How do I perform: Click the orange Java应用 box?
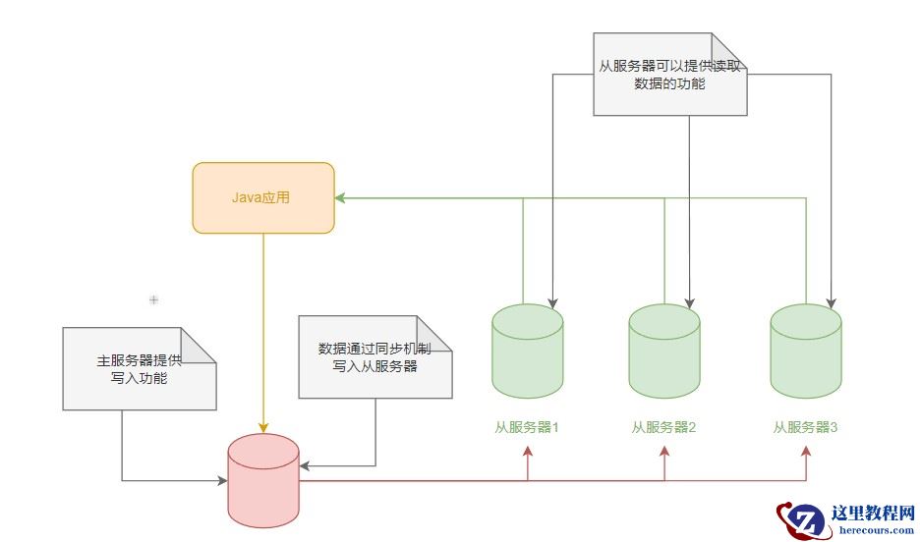click(263, 197)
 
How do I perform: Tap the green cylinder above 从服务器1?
click(527, 352)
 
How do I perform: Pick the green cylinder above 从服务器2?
click(664, 352)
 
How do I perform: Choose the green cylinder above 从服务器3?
click(805, 352)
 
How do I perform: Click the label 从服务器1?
click(527, 427)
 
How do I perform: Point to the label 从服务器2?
click(664, 427)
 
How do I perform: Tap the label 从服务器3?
click(805, 427)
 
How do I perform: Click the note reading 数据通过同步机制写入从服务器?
click(374, 357)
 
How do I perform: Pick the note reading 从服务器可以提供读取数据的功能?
click(669, 75)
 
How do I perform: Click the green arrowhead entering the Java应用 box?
click(339, 198)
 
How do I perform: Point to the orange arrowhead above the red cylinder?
click(263, 427)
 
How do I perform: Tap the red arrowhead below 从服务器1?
click(528, 450)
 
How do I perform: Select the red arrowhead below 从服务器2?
click(665, 450)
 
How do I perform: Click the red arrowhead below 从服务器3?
click(806, 450)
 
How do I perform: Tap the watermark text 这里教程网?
click(873, 514)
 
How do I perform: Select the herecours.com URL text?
click(875, 531)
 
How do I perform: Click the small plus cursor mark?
click(153, 298)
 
